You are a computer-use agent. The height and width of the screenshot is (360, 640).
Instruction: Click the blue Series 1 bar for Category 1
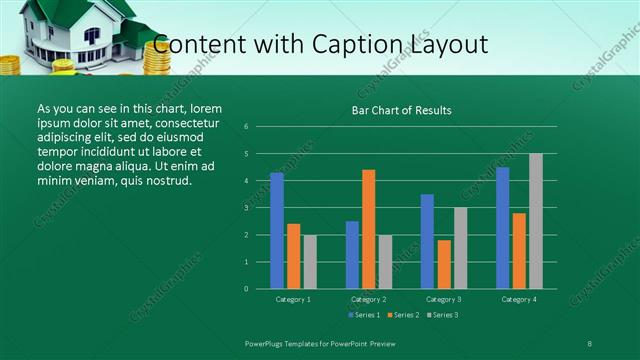point(277,231)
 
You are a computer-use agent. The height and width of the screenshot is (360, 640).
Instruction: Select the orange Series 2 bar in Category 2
point(369,229)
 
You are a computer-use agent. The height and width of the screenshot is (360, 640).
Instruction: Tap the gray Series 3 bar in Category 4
point(536,221)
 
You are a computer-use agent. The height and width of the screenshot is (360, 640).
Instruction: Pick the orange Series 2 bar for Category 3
point(444,264)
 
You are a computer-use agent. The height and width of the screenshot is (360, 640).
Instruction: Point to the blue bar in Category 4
point(503,228)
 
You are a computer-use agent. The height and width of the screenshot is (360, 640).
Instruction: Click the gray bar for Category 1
point(310,262)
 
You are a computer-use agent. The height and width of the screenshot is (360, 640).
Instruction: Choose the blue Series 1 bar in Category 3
point(428,241)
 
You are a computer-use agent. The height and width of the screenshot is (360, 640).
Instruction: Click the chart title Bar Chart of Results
point(402,110)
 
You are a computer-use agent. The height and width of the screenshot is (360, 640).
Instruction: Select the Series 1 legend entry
point(365,315)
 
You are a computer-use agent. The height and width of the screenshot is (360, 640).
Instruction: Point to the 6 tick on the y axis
point(246,127)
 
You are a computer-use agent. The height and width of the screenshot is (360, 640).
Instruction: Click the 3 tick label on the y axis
point(246,208)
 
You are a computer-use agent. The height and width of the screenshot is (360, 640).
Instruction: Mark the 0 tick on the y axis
point(246,289)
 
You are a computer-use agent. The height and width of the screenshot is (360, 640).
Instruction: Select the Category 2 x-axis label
point(369,299)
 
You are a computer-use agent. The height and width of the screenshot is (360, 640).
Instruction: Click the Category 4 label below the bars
point(519,299)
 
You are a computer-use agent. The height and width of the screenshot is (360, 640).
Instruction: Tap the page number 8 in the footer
point(590,342)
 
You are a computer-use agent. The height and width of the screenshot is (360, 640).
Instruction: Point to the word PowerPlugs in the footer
point(269,342)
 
